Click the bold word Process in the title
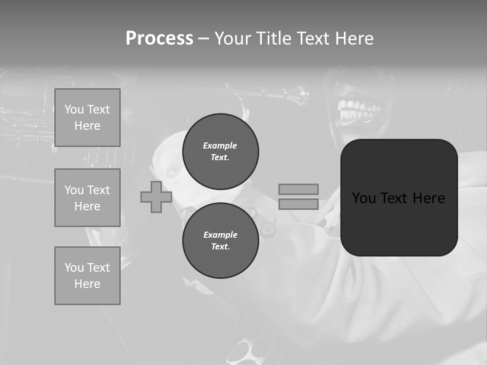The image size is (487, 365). [159, 39]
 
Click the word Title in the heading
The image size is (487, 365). [274, 39]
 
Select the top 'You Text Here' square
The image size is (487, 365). [87, 118]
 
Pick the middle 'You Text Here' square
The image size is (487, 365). [87, 198]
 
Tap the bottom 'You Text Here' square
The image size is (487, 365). [87, 276]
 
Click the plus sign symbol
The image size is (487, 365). [156, 197]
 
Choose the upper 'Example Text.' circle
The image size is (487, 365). [220, 152]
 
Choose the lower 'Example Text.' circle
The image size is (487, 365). [220, 241]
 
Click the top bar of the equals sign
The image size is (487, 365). [298, 189]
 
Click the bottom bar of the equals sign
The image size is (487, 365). [298, 204]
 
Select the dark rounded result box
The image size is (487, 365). [399, 198]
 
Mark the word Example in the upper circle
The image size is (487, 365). [220, 145]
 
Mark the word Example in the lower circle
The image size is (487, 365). [220, 235]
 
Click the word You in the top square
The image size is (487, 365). [74, 109]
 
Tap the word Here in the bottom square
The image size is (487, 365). [87, 284]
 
